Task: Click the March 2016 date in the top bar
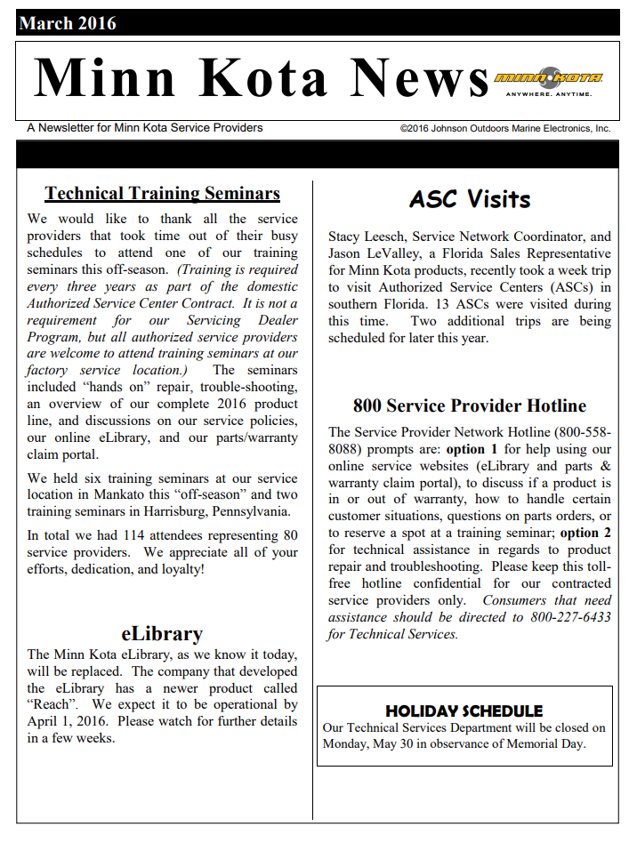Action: [x=68, y=23]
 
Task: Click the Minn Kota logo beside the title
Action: [x=549, y=79]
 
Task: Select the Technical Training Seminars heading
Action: [x=163, y=193]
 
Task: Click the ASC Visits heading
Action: [x=470, y=199]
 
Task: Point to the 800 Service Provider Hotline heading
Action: [x=470, y=405]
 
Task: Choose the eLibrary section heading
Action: [x=162, y=633]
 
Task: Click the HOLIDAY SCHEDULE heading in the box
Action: [x=464, y=711]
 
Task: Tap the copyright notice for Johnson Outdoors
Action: [x=505, y=128]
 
